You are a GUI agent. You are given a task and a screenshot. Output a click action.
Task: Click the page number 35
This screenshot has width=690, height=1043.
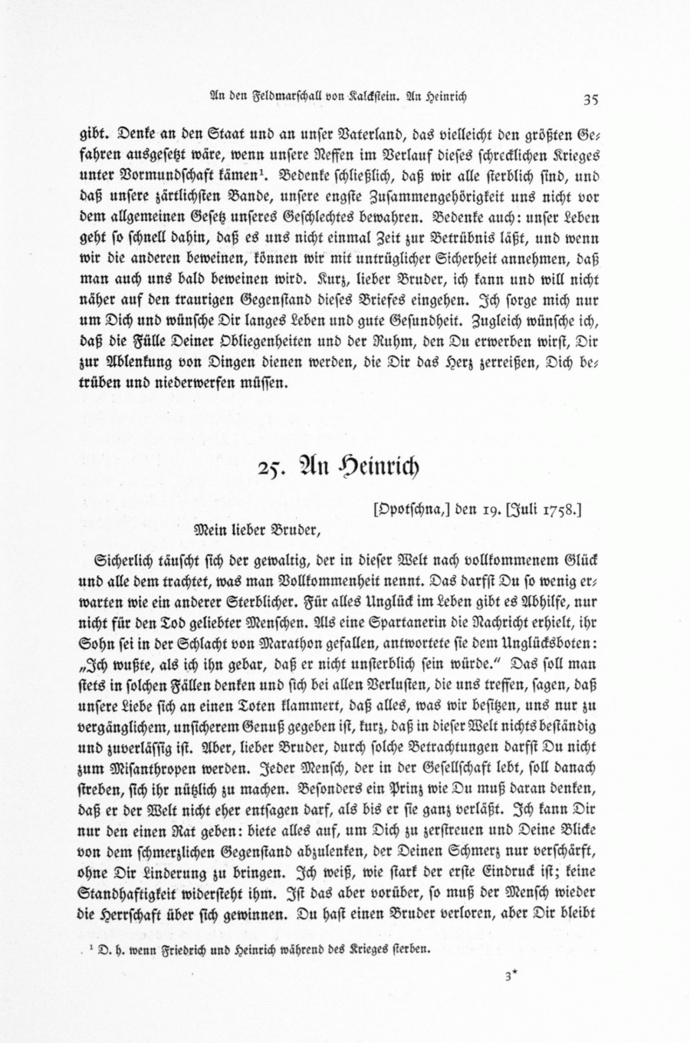(x=590, y=98)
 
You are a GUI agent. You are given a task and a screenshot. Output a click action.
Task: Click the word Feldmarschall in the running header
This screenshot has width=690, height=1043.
(x=278, y=97)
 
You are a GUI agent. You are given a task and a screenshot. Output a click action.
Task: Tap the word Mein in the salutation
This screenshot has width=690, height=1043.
(x=210, y=528)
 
